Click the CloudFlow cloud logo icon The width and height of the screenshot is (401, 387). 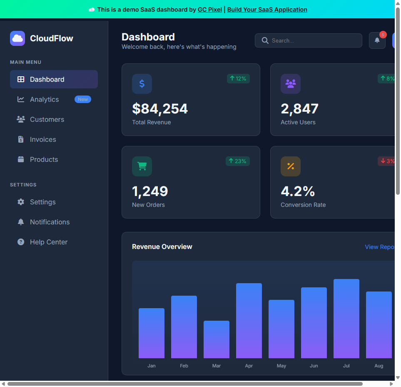coord(17,38)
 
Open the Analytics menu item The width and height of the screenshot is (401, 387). coord(44,99)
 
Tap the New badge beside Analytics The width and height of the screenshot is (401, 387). coord(82,99)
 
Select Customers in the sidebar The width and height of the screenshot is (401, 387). coord(47,119)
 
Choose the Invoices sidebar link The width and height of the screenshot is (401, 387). coord(42,139)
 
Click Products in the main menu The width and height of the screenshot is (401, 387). coord(44,159)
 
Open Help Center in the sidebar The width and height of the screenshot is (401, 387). coord(48,242)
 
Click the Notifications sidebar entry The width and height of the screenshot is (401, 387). coord(50,222)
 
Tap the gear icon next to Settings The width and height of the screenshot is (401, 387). coord(21,202)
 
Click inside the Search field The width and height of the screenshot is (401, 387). coord(312,40)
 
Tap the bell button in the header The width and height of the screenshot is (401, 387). coord(377,40)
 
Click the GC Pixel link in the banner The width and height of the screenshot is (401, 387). coord(209,10)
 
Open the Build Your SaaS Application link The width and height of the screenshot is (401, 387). coord(267,10)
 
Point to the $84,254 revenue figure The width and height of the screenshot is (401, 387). coord(160,109)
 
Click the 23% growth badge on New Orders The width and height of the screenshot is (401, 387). coord(238,161)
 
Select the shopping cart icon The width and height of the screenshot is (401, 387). coord(142,166)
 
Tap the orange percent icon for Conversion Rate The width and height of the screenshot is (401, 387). coord(291,166)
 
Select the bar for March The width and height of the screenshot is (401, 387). coord(217,339)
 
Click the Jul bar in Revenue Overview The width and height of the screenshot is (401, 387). coord(346,319)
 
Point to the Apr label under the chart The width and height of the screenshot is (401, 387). coord(249,366)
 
